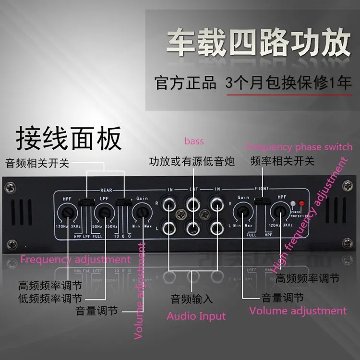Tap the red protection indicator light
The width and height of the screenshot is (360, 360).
point(301,203)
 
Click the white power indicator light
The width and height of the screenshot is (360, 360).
point(293,203)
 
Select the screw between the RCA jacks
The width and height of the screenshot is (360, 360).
point(181,215)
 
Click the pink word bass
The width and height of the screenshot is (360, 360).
point(194,141)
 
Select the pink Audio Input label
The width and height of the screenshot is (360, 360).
point(196,316)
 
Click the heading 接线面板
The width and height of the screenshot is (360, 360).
point(69,138)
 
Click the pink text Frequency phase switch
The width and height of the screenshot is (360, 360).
point(299,147)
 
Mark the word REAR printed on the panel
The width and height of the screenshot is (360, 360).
point(106,190)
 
